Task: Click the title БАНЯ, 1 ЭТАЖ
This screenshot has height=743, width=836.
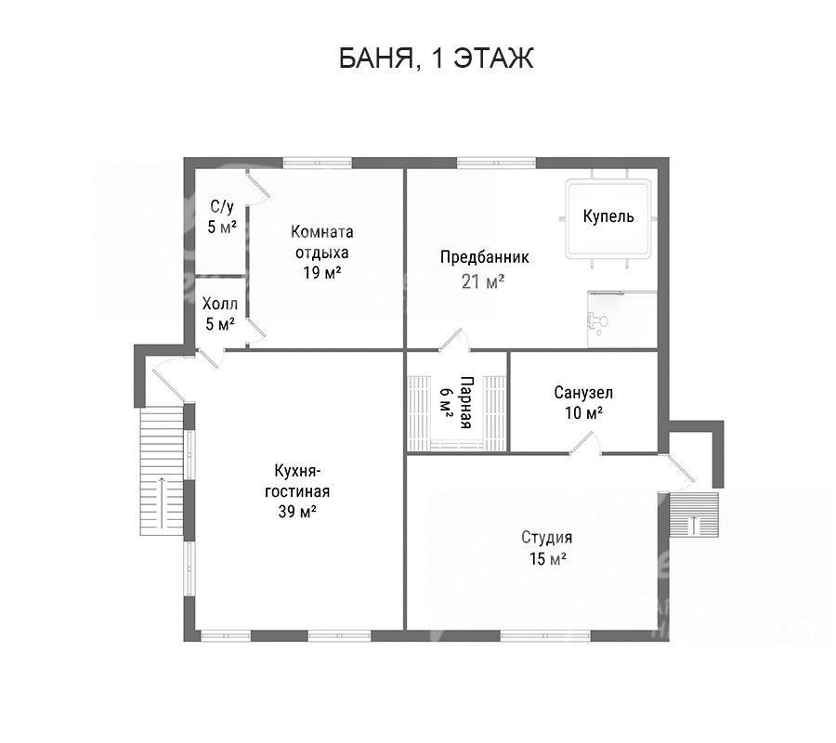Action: pos(437,58)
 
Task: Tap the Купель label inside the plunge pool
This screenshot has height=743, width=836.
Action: pos(607,215)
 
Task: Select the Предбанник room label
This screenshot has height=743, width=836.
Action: pos(484,257)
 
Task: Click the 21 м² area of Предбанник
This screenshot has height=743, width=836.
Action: pos(483,280)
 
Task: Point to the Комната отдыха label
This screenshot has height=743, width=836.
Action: pos(322,242)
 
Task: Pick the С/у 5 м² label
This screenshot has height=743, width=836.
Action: pos(222,216)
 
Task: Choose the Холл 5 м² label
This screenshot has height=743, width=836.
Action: pos(219,314)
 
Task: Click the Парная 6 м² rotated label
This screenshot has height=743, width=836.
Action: pos(456,402)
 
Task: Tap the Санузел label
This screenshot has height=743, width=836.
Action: pos(583,393)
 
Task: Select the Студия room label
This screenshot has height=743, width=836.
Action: pos(546,537)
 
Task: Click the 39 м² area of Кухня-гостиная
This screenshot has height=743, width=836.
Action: pos(297,512)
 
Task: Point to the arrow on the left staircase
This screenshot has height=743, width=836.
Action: pos(161,503)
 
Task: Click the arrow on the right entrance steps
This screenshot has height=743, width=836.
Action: pos(694,525)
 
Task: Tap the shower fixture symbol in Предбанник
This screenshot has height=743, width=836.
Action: pos(595,323)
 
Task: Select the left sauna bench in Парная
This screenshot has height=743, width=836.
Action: pos(419,413)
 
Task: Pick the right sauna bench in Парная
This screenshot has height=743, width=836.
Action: pos(494,413)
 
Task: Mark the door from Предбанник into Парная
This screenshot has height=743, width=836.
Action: pos(453,340)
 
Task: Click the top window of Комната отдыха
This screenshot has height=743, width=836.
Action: pos(318,163)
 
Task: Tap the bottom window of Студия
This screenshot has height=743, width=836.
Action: pos(545,635)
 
